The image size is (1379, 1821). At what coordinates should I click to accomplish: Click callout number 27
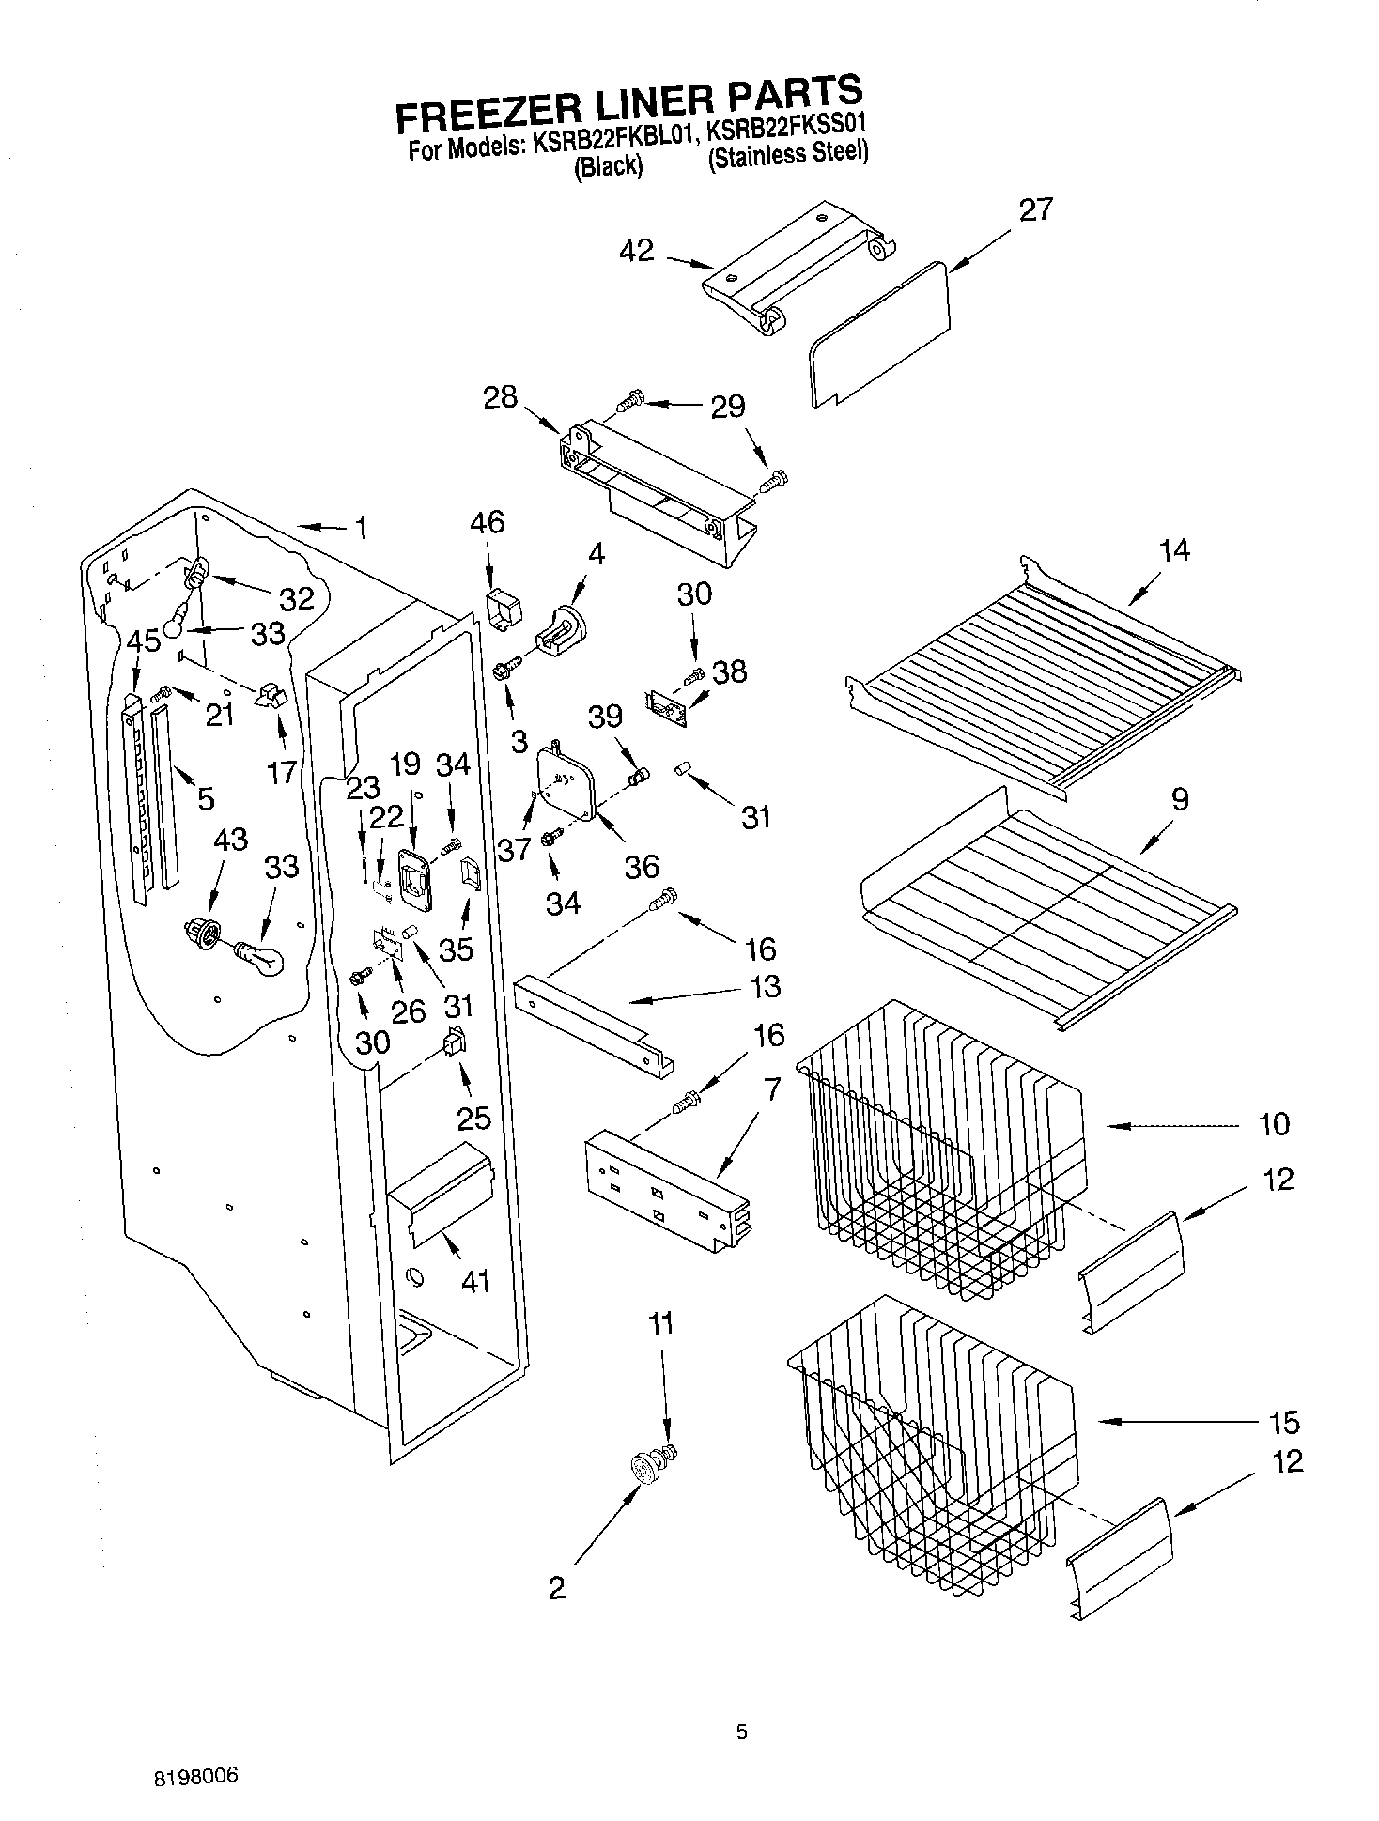[1035, 209]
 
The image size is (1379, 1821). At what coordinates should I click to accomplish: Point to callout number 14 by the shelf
[1174, 550]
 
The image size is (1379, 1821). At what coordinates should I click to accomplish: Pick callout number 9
[1180, 799]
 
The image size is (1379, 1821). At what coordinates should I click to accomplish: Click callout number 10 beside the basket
[1274, 1124]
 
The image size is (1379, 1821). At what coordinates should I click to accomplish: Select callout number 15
[1283, 1423]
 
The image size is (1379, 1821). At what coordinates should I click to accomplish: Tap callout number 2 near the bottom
[557, 1589]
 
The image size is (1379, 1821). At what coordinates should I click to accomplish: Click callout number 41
[475, 1280]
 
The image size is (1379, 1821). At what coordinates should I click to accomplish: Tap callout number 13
[766, 987]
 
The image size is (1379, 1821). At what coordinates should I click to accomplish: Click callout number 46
[488, 522]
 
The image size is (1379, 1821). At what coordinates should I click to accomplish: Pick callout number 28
[500, 397]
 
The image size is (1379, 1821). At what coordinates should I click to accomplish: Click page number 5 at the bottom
[741, 1732]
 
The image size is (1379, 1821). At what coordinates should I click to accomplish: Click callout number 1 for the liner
[360, 529]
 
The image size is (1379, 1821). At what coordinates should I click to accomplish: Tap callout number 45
[143, 642]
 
